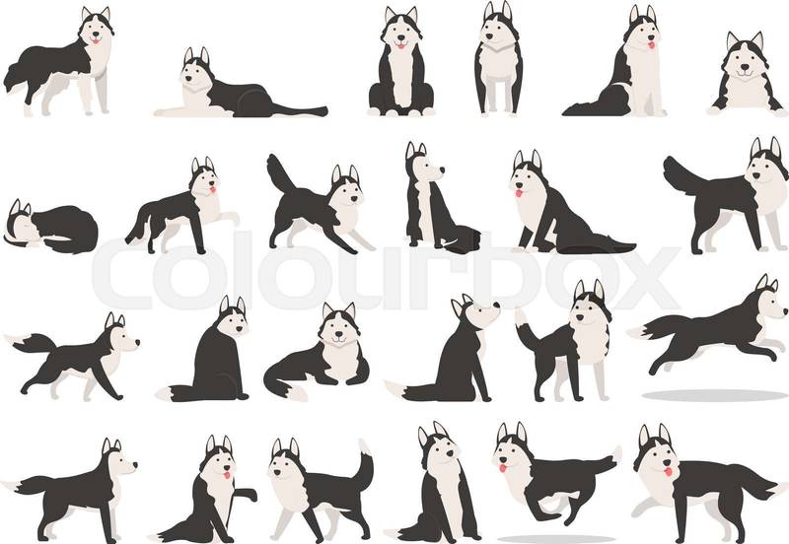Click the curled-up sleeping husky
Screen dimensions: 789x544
point(50,228)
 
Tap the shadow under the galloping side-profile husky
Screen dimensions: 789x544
point(714,396)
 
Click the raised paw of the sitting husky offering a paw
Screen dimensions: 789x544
point(248,494)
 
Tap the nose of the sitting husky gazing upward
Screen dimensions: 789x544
point(496,305)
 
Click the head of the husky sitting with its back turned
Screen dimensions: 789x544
point(231,316)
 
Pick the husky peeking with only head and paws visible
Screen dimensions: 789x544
point(747,76)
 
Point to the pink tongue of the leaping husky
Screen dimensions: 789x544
point(502,468)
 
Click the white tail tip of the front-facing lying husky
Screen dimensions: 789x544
point(296,392)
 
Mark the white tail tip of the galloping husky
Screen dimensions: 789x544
point(637,332)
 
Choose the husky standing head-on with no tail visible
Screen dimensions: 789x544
point(499,59)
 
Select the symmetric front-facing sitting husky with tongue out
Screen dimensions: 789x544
point(401,62)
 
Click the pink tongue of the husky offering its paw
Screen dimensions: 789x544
point(228,475)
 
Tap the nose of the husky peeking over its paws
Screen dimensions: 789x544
point(745,66)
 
